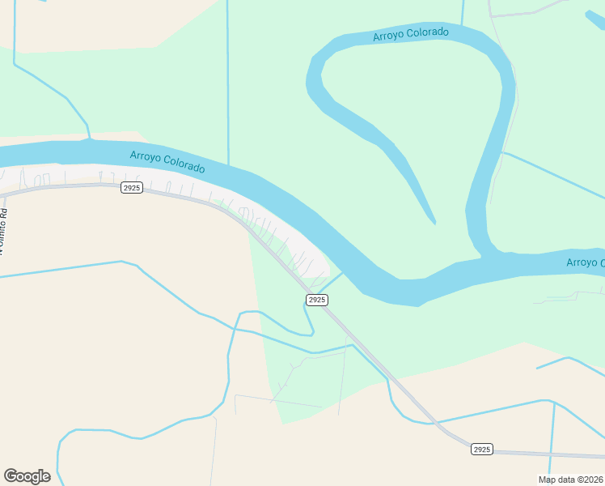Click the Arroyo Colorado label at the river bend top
pyautogui.click(x=410, y=34)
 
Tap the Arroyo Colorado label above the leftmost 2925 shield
pyautogui.click(x=167, y=162)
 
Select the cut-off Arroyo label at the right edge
pyautogui.click(x=585, y=262)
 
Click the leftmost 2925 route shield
pyautogui.click(x=131, y=188)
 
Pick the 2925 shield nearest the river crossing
pyautogui.click(x=317, y=300)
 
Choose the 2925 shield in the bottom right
pyautogui.click(x=481, y=449)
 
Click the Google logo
pyautogui.click(x=27, y=476)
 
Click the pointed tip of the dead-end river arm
pyautogui.click(x=434, y=223)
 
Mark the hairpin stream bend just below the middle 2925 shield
pyautogui.click(x=311, y=332)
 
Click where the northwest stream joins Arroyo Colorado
pyautogui.click(x=90, y=139)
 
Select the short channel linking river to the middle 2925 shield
pyautogui.click(x=334, y=281)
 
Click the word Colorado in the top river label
pyautogui.click(x=428, y=33)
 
